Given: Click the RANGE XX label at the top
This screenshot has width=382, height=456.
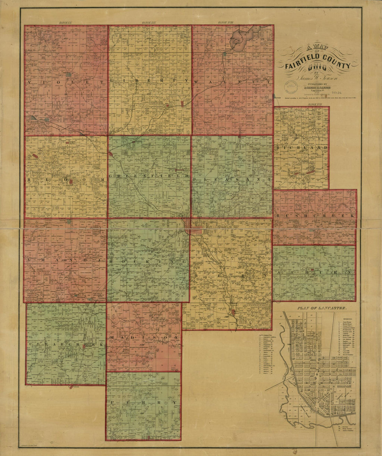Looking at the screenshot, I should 65,23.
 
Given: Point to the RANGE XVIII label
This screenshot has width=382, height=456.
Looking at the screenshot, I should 226,23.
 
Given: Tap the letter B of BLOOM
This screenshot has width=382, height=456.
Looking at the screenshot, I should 29,180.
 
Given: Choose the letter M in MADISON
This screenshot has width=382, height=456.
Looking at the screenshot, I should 112,338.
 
